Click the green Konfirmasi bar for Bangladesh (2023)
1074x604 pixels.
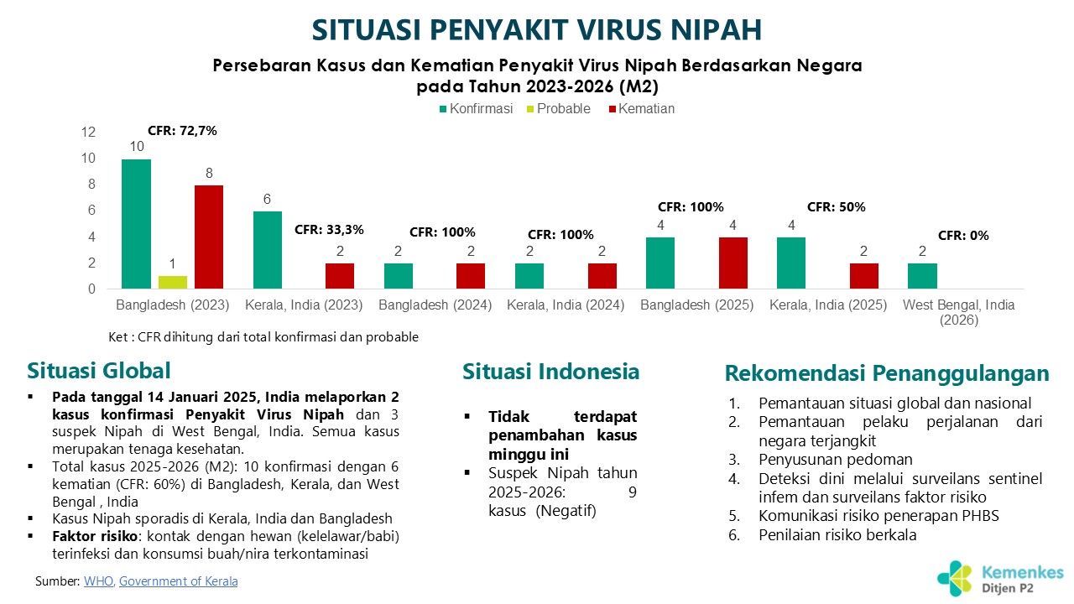(x=136, y=224)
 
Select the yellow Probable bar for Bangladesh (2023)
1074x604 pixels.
(x=173, y=283)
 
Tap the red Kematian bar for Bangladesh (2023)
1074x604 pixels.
(x=209, y=237)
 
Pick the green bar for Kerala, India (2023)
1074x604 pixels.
(x=268, y=250)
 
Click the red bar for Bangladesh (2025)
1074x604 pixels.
(x=733, y=263)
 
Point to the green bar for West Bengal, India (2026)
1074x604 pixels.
(x=922, y=276)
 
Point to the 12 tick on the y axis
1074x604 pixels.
(x=88, y=133)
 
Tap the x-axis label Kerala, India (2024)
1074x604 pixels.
(x=566, y=305)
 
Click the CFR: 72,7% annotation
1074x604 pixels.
(x=182, y=130)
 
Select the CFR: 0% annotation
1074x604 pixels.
(x=963, y=236)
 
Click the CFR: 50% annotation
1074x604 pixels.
(x=836, y=206)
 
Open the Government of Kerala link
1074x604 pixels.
(x=178, y=581)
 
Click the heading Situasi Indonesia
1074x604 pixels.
(x=550, y=372)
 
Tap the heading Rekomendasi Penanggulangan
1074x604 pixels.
(x=887, y=373)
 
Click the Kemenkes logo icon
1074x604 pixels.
(x=956, y=576)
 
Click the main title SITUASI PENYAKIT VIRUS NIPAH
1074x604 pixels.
(x=537, y=29)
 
